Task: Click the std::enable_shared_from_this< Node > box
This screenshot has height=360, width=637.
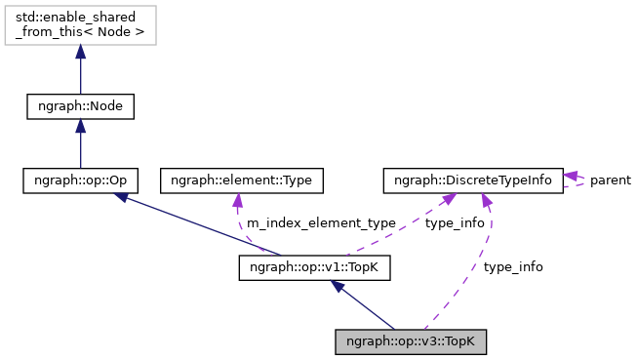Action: click(80, 26)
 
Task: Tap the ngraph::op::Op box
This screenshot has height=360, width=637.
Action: click(80, 180)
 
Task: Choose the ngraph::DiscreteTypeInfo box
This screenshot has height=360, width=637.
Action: click(472, 180)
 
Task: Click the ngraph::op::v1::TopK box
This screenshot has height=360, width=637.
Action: click(314, 266)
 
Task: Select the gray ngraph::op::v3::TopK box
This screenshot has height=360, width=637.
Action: click(410, 341)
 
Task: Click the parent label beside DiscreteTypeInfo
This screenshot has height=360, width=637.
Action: click(610, 180)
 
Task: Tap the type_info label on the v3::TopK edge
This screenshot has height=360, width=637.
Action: click(513, 266)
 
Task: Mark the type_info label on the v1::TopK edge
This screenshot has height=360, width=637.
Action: click(455, 223)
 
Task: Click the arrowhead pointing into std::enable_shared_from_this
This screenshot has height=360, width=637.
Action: click(80, 51)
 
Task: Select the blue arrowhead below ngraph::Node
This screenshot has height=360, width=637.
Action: click(80, 126)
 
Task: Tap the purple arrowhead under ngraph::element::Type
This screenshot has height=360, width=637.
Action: click(237, 200)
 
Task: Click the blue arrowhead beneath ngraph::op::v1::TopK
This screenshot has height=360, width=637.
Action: click(336, 287)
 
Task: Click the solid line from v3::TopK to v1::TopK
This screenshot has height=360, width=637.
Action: click(366, 308)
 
